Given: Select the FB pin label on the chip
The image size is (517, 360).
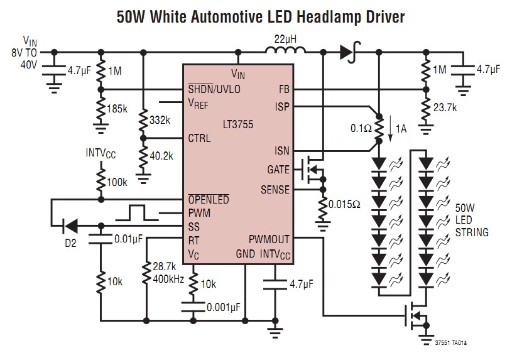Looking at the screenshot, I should click(283, 89).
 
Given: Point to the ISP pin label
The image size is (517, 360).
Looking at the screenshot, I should click(282, 106).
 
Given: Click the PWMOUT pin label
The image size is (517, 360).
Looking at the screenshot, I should click(269, 239).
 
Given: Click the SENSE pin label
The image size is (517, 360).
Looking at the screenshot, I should click(275, 189).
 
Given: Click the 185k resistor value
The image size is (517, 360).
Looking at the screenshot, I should click(117, 108).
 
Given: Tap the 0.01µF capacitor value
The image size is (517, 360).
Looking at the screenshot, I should click(128, 239).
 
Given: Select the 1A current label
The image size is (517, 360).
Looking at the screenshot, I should click(401, 130).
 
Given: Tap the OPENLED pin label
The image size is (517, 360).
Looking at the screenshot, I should click(209, 200).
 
